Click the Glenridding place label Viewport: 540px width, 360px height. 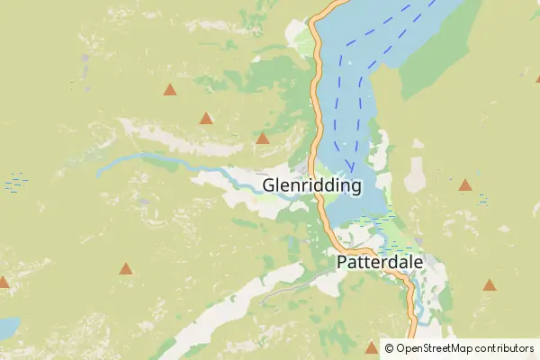(x=311, y=186)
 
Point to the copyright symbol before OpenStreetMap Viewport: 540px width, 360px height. (x=388, y=348)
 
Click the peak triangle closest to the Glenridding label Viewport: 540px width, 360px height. (x=263, y=139)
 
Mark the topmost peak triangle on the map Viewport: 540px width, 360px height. (x=169, y=89)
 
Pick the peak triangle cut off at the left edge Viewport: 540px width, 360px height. (x=3, y=283)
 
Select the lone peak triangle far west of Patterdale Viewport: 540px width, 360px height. (x=126, y=268)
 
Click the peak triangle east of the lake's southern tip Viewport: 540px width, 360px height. (x=465, y=185)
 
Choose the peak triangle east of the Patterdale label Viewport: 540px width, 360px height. (x=490, y=284)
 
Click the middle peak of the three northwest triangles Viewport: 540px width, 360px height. (x=206, y=118)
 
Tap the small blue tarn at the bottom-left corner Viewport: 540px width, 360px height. (x=6, y=328)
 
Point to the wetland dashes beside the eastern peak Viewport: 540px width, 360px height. (x=483, y=198)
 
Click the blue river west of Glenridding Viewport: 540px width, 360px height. (x=153, y=161)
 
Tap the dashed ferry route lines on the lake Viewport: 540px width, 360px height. (x=360, y=99)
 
